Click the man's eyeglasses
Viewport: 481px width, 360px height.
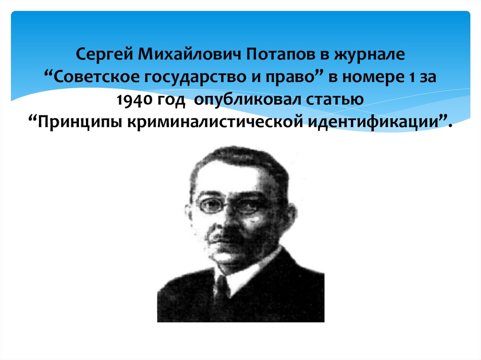(x=230, y=205)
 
